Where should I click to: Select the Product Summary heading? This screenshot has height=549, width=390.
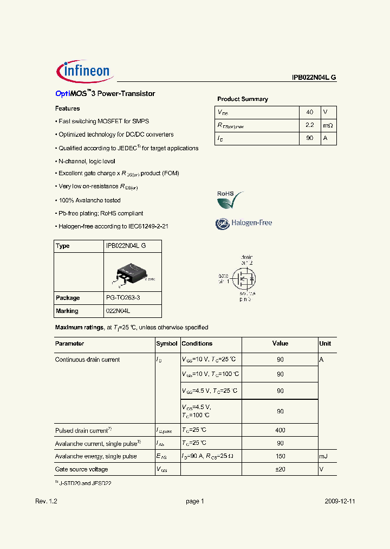pyautogui.click(x=243, y=99)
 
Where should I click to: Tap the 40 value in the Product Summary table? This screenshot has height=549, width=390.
pyautogui.click(x=309, y=112)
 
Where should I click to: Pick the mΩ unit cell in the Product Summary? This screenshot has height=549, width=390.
pyautogui.click(x=328, y=125)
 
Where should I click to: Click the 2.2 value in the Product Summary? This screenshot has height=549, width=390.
pyautogui.click(x=309, y=125)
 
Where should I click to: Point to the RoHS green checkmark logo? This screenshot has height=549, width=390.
pyautogui.click(x=230, y=200)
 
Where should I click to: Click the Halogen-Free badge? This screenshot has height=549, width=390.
pyautogui.click(x=244, y=223)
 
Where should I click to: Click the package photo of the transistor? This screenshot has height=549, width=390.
pyautogui.click(x=132, y=274)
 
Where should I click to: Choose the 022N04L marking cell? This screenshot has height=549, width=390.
pyautogui.click(x=118, y=311)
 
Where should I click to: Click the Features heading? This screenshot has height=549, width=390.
pyautogui.click(x=68, y=108)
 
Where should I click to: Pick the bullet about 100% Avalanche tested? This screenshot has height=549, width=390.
pyautogui.click(x=89, y=200)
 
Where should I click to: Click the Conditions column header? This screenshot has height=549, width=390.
pyautogui.click(x=197, y=343)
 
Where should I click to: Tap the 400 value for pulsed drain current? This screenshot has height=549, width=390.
pyautogui.click(x=280, y=430)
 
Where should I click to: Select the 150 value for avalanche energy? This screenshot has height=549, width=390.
pyautogui.click(x=280, y=456)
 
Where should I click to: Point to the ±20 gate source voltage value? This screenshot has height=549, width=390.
pyautogui.click(x=280, y=469)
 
